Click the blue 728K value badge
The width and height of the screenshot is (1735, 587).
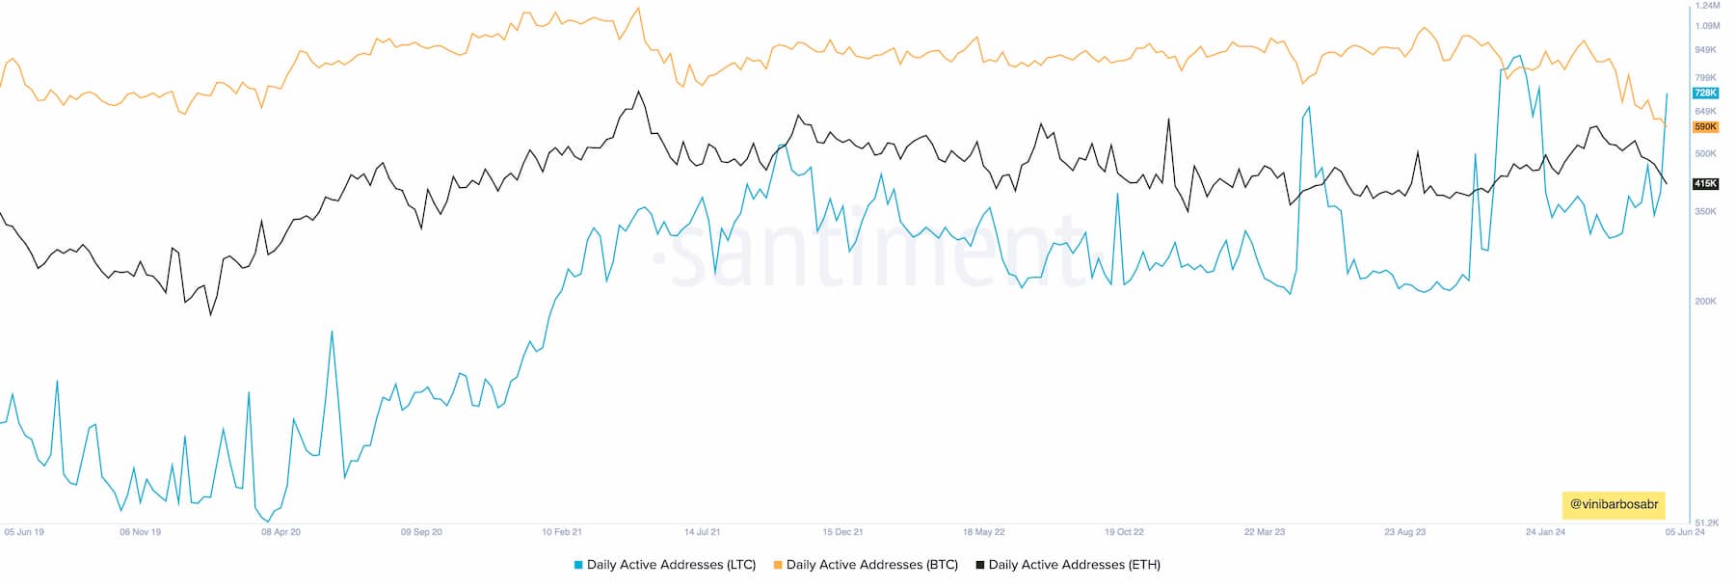point(1705,93)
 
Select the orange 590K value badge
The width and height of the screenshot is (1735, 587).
point(1705,127)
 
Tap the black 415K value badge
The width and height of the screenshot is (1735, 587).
point(1705,184)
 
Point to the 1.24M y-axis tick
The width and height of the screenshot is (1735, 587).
point(1707,6)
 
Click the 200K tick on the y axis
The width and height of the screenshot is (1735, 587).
point(1705,302)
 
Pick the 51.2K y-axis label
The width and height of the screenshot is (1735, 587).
point(1706,521)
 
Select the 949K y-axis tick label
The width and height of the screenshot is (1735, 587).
point(1705,50)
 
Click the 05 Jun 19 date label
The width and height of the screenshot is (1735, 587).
point(24,532)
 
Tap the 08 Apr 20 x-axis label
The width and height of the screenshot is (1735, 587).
point(280,532)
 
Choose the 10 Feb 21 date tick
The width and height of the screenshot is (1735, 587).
point(562,532)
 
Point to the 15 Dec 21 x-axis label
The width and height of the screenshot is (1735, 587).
point(842,532)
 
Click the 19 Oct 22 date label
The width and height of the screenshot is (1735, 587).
point(1124,532)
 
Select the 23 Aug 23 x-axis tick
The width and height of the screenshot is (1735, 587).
point(1404,532)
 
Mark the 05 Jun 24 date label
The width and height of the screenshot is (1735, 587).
point(1685,532)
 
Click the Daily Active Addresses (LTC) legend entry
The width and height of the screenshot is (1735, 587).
point(665,565)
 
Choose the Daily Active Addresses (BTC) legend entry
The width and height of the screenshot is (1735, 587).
point(866,565)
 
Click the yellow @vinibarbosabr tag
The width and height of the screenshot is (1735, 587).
point(1614,504)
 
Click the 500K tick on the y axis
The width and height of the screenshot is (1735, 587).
point(1705,154)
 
